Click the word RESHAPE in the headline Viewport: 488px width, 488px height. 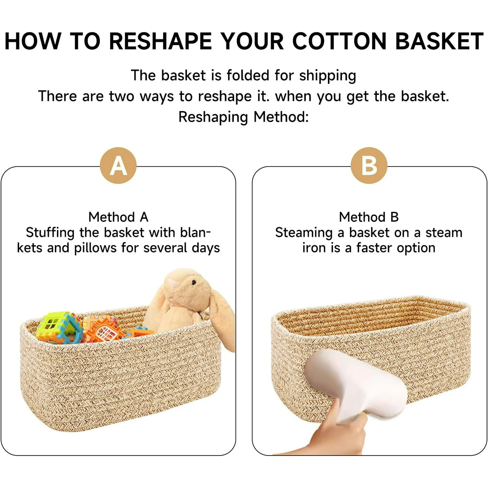pyautogui.click(x=161, y=41)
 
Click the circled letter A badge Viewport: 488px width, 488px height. pyautogui.click(x=118, y=165)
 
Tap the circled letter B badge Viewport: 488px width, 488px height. pyautogui.click(x=369, y=165)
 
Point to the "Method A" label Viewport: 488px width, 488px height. pyautogui.click(x=118, y=217)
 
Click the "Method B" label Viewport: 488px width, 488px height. pyautogui.click(x=369, y=217)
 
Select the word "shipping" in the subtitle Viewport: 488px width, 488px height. pyautogui.click(x=328, y=76)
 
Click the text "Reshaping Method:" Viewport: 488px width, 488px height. pyautogui.click(x=244, y=117)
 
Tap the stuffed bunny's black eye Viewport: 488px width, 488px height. pyautogui.click(x=194, y=282)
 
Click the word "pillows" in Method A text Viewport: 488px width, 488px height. pyautogui.click(x=95, y=248)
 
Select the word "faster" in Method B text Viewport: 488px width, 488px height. pyautogui.click(x=375, y=248)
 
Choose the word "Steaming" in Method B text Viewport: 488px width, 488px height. pyautogui.click(x=304, y=233)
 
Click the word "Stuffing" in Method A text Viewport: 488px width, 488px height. pyautogui.click(x=50, y=233)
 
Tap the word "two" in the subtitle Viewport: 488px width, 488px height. pyautogui.click(x=122, y=97)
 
